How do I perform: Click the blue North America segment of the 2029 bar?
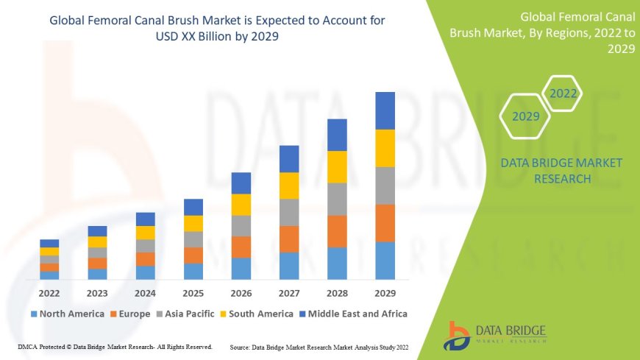pyautogui.click(x=385, y=261)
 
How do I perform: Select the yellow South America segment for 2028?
pyautogui.click(x=337, y=166)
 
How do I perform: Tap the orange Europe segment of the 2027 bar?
pyautogui.click(x=289, y=239)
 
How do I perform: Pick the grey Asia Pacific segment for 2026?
pyautogui.click(x=241, y=225)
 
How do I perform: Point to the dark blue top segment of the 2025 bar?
pyautogui.click(x=193, y=207)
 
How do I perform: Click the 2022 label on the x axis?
pyautogui.click(x=49, y=293)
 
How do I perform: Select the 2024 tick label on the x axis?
pyautogui.click(x=145, y=293)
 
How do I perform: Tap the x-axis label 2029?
pyautogui.click(x=385, y=293)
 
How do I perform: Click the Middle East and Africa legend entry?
pyautogui.click(x=353, y=314)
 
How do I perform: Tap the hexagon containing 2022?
pyautogui.click(x=563, y=93)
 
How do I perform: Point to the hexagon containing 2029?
pyautogui.click(x=526, y=116)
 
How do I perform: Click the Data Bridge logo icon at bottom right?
pyautogui.click(x=457, y=334)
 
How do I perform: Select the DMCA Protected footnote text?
pyautogui.click(x=115, y=346)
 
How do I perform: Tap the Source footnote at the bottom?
pyautogui.click(x=319, y=346)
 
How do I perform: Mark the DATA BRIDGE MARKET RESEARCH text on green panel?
pyautogui.click(x=561, y=170)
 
